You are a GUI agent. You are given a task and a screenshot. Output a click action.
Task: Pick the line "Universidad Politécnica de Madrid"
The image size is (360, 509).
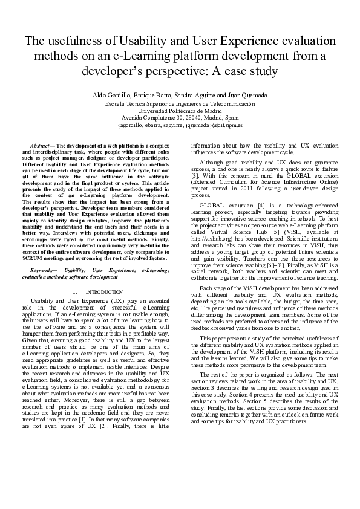[180, 111]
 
